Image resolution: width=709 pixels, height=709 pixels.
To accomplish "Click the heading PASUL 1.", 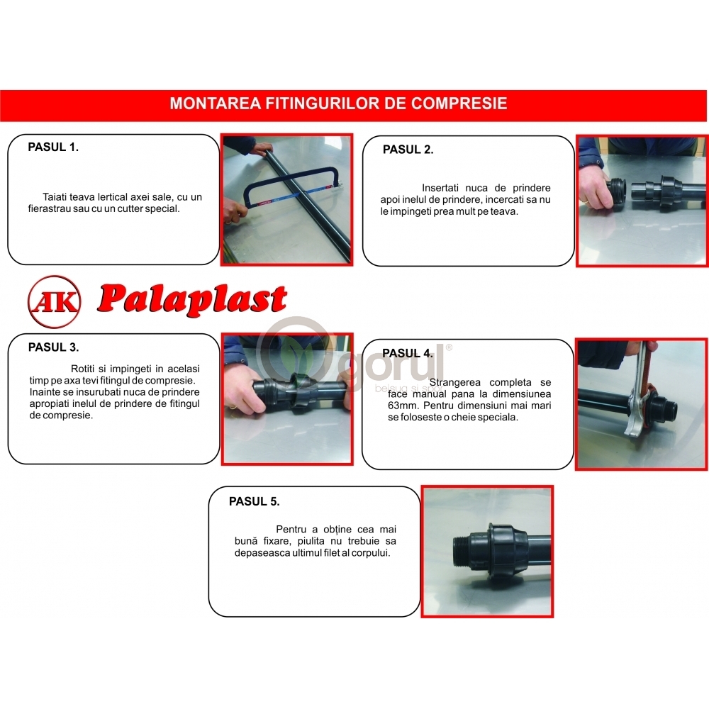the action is click(x=53, y=147).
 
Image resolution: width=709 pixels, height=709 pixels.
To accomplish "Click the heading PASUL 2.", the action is click(x=408, y=150).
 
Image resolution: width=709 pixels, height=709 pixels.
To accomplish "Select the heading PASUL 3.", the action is click(x=53, y=347).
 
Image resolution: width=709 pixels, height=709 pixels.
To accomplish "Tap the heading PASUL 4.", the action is click(x=408, y=353).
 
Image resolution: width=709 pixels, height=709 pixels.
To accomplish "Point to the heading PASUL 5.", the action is click(x=254, y=501).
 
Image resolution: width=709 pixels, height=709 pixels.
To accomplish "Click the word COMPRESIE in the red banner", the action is click(x=459, y=104).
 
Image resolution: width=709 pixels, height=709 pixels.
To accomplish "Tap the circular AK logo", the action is click(x=55, y=301).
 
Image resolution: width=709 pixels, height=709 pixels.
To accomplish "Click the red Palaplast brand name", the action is click(x=192, y=299).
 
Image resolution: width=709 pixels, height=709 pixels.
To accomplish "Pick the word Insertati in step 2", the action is click(x=440, y=188).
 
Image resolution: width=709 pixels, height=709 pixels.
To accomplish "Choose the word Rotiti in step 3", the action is click(x=83, y=369).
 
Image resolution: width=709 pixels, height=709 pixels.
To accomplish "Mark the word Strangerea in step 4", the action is click(x=455, y=383).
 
